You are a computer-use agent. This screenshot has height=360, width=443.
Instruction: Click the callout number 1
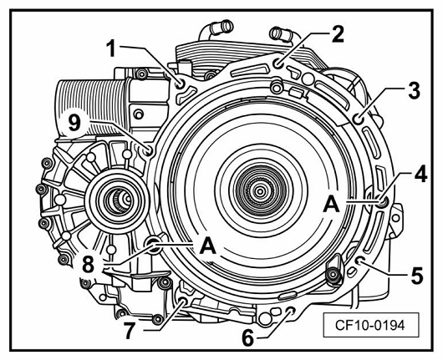[113, 48]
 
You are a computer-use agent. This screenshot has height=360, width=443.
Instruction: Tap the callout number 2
[337, 33]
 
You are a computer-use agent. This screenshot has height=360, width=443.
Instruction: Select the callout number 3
[414, 90]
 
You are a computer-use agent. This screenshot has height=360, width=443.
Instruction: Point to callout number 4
[420, 173]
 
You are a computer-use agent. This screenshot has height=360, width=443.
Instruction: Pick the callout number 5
[417, 275]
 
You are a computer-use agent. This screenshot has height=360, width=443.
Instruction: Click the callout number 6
[247, 337]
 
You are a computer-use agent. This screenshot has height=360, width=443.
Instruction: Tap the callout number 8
[88, 265]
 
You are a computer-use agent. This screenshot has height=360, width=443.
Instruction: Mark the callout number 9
[74, 123]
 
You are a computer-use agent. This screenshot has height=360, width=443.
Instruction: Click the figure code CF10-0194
[370, 325]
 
